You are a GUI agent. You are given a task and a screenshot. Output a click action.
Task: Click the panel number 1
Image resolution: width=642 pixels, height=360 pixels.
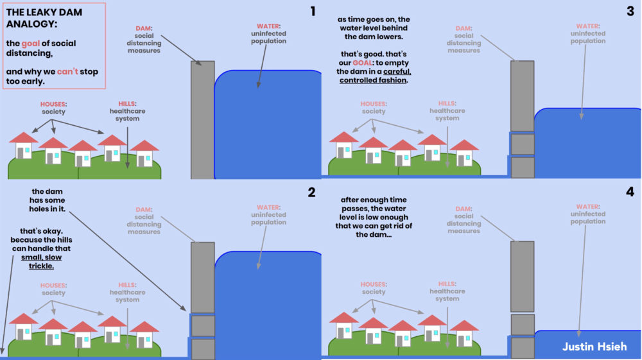(313, 11)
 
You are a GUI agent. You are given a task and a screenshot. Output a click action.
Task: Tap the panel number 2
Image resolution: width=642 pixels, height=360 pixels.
(312, 193)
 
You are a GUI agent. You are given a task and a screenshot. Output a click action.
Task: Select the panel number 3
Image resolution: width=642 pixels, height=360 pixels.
(630, 11)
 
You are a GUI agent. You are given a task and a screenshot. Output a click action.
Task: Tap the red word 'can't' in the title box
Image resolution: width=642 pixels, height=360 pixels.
(68, 71)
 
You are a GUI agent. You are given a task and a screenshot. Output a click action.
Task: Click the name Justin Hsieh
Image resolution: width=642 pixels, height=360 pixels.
(594, 347)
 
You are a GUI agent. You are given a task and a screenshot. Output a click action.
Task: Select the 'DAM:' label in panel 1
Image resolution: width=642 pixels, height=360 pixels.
(144, 28)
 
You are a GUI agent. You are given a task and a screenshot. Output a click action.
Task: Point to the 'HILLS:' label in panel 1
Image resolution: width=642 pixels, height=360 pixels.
(128, 103)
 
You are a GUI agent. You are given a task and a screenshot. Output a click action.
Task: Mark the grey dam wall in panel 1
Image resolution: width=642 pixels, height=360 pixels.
(202, 119)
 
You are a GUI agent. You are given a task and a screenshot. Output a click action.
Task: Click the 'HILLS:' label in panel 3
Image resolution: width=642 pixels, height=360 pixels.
(447, 103)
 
